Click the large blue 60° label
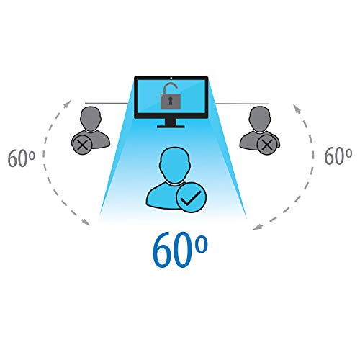pos(180,250)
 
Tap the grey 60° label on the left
pos(22,158)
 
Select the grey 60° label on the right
pos(338,156)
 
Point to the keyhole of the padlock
pos(171,101)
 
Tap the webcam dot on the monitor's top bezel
pos(171,78)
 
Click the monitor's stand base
pos(171,126)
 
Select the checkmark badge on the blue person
pos(192,197)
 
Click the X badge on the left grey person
pos(82,145)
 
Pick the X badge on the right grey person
pos(267,145)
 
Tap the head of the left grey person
pos(91,119)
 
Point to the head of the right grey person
pos(260,119)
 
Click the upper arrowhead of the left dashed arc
pos(68,104)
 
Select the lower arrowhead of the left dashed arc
pos(86,222)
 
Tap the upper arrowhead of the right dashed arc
pos(297,108)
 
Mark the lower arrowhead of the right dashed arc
pos(258,227)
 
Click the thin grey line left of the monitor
pos(107,103)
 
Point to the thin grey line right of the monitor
pos(242,104)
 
